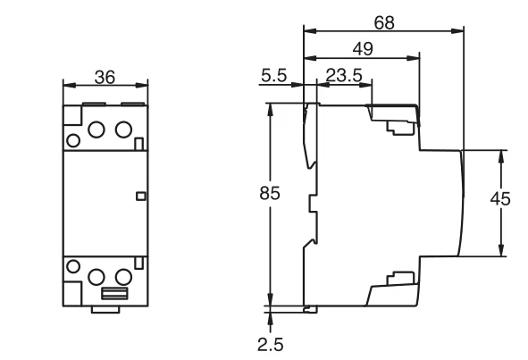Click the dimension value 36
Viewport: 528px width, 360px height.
105,77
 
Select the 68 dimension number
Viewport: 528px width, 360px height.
384,23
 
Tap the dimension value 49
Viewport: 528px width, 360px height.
363,49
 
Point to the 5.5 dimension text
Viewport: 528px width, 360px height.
273,75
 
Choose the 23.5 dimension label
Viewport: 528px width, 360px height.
344,75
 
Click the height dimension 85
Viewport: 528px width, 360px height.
270,193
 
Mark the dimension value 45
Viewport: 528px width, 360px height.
500,199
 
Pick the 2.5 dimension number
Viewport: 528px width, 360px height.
271,345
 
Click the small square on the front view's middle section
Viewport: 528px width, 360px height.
141,196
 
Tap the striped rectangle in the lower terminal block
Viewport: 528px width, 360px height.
114,293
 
